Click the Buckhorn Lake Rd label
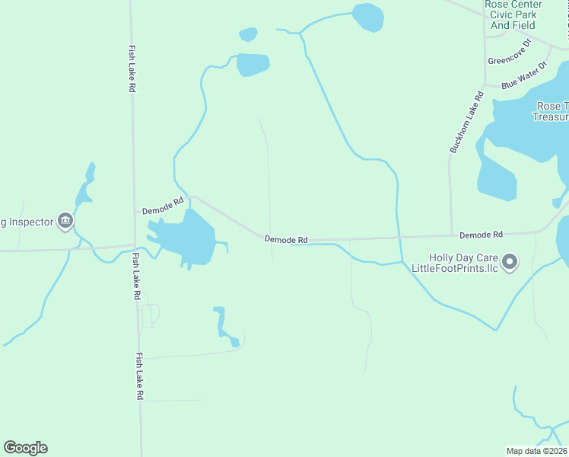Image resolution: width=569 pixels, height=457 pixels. [x=466, y=123]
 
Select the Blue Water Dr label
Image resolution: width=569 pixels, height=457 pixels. [x=524, y=77]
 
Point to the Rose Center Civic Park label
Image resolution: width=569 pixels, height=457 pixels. [x=511, y=14]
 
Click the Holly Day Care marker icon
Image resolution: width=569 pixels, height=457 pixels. [x=510, y=263]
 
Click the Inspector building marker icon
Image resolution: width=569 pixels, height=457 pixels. [x=65, y=222]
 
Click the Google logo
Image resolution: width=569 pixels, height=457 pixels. [x=25, y=448]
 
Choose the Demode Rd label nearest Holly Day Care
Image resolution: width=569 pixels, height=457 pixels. [x=481, y=235]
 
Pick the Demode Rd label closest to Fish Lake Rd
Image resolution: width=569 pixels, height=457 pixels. [x=163, y=203]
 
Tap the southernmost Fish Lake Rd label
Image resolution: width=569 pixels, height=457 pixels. [x=140, y=376]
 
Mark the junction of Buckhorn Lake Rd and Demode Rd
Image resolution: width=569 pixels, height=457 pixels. [x=451, y=236]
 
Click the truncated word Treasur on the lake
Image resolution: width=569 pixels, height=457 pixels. [x=550, y=117]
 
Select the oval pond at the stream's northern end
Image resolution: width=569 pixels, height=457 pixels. [x=368, y=17]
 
